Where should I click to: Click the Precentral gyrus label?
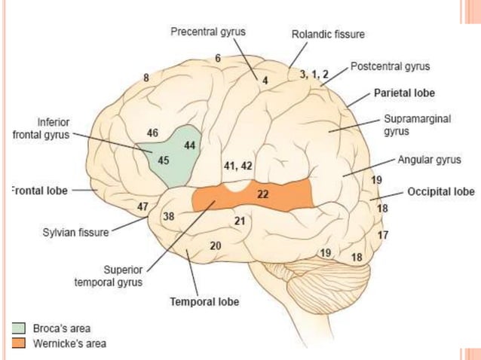point(207,32)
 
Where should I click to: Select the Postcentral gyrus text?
point(390,67)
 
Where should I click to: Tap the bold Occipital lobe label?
point(440,191)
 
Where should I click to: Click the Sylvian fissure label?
point(75,233)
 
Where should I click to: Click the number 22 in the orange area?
point(263,194)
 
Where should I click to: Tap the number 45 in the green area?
point(164,160)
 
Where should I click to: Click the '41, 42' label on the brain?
point(238,165)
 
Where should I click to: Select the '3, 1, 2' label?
point(314,74)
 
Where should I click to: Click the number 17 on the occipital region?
point(383,235)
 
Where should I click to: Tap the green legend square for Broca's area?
point(19,328)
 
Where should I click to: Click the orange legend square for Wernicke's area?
point(19,343)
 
